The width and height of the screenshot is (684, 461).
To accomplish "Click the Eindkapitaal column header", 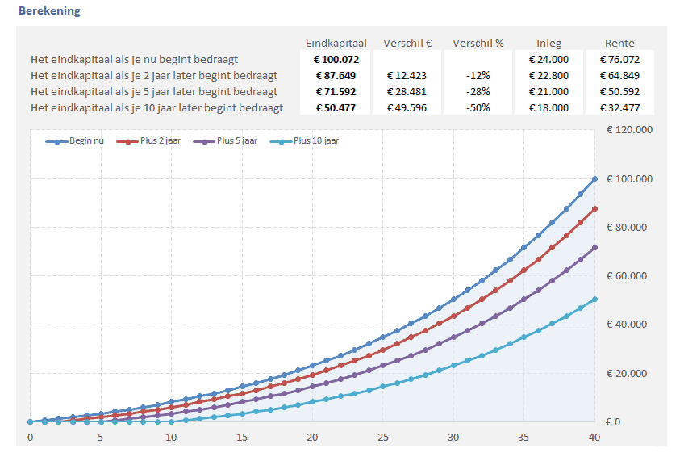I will coord(336,43).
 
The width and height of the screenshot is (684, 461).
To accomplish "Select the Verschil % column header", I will coord(478,43).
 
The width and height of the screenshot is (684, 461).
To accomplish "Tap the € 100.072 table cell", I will coord(336,59).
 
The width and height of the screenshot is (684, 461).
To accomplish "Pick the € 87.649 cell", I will coord(336,75).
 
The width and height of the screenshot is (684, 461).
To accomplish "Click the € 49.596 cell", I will coord(407,107).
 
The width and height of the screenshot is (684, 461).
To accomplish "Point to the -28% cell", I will coord(478,91).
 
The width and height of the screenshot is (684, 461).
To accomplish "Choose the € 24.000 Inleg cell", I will coord(548,59).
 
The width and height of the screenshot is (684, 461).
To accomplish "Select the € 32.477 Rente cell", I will coord(619,107).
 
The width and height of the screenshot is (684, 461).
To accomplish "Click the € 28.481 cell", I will coord(407,91).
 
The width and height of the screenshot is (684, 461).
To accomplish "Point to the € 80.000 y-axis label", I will coord(625,227).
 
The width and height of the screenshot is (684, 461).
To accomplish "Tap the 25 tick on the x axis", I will coord(382,438).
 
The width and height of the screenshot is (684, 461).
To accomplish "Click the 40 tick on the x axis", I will coord(594,438).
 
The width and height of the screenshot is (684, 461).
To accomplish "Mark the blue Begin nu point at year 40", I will coord(594,178).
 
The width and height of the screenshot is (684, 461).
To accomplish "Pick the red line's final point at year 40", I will coord(594,208).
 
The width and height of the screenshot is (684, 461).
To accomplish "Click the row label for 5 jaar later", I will coord(154,91).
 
